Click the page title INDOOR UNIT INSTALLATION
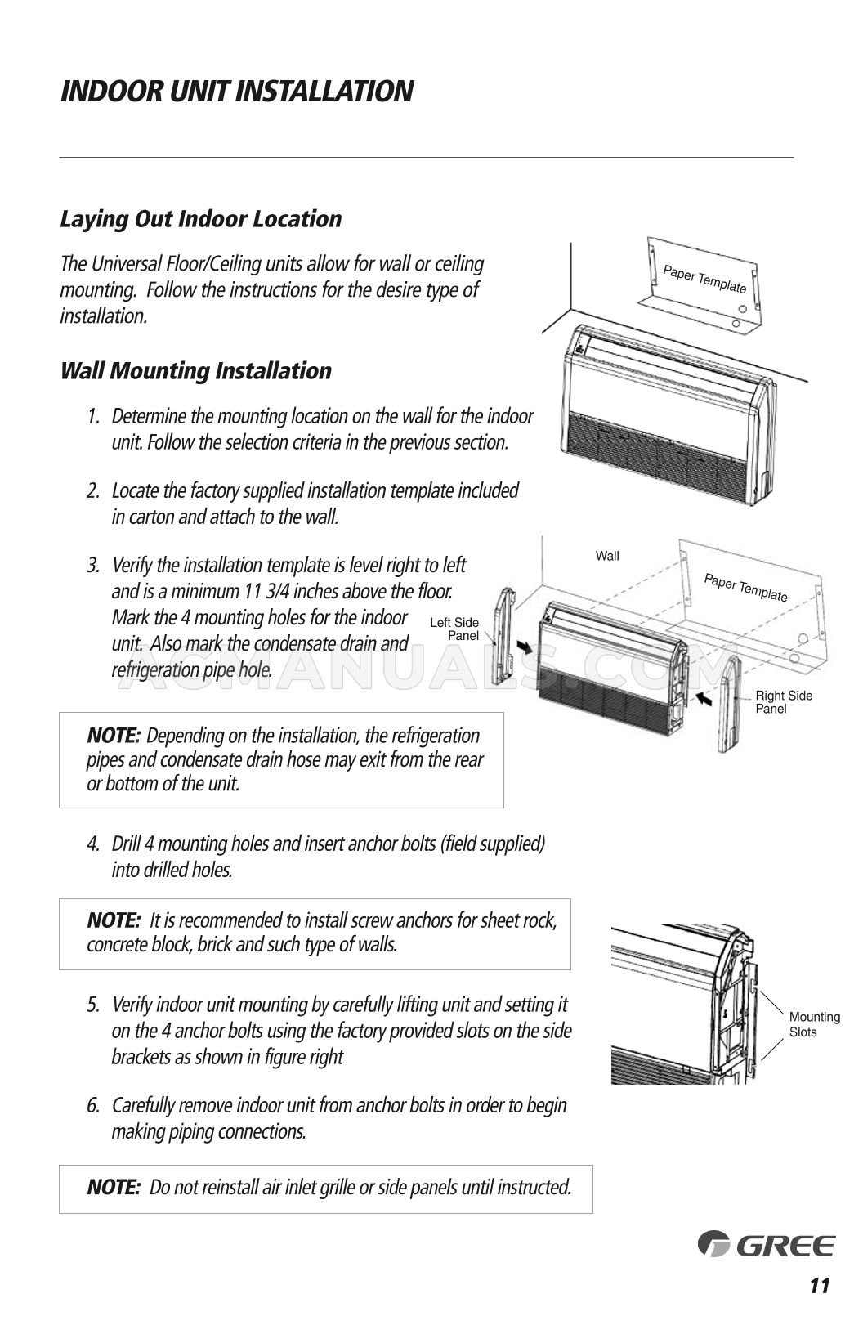point(236,91)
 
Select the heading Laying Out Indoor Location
point(200,219)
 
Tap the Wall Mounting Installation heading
point(195,370)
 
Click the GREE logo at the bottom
point(766,1245)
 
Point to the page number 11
point(819,1286)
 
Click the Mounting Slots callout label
point(814,1024)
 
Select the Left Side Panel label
point(454,629)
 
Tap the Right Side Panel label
point(783,702)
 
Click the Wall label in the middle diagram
point(607,556)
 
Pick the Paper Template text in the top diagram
point(704,279)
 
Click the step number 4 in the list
point(93,844)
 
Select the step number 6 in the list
point(93,1106)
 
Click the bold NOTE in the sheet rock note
point(114,920)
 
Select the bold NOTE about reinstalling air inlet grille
point(114,1187)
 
